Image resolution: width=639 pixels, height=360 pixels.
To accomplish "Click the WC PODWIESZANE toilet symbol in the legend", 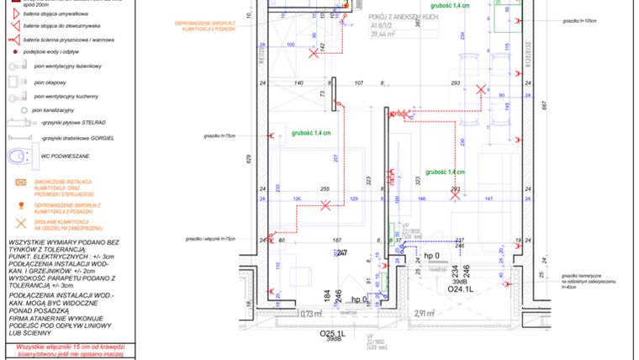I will pyautogui.click(x=18, y=157).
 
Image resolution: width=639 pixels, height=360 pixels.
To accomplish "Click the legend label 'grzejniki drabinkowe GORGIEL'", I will pyautogui.click(x=77, y=137).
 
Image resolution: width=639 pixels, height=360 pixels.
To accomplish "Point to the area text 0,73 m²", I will pyautogui.click(x=312, y=314).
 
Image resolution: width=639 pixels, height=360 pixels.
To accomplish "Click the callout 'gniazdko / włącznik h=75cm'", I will pyautogui.click(x=220, y=239).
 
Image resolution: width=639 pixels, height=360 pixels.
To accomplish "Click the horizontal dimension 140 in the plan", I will pyautogui.click(x=298, y=84).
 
